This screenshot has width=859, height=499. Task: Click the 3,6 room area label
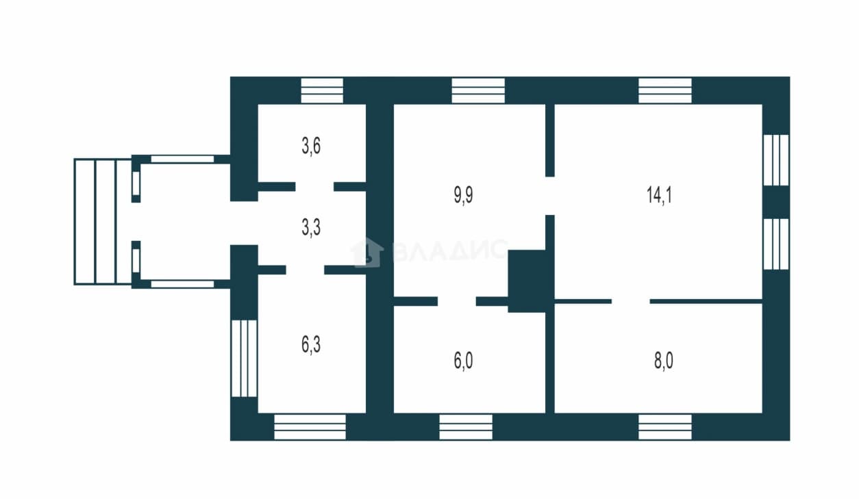pyautogui.click(x=311, y=146)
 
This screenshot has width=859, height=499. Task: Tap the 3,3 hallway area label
pyautogui.click(x=311, y=228)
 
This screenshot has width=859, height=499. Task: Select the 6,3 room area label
pyautogui.click(x=311, y=344)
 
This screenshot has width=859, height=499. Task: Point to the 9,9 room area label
pyautogui.click(x=463, y=195)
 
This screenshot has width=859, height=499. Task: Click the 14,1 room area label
pyautogui.click(x=659, y=194)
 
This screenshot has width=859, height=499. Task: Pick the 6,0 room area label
pyautogui.click(x=463, y=361)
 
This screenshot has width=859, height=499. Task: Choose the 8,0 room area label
pyautogui.click(x=663, y=361)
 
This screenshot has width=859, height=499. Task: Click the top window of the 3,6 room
pyautogui.click(x=322, y=90)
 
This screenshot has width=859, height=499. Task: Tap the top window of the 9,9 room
pyautogui.click(x=478, y=90)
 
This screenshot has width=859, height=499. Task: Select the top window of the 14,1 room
pyautogui.click(x=665, y=90)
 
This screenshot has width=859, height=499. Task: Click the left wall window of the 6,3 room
pyautogui.click(x=244, y=359)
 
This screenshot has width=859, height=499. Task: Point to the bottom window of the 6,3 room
pyautogui.click(x=310, y=427)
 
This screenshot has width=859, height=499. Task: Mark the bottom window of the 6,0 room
pyautogui.click(x=466, y=427)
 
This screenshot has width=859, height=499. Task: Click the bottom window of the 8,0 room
pyautogui.click(x=665, y=427)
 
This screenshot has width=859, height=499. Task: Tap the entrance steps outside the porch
pyautogui.click(x=103, y=222)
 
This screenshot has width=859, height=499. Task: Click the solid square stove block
pyautogui.click(x=527, y=281)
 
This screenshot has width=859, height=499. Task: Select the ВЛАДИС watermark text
pyautogui.click(x=450, y=250)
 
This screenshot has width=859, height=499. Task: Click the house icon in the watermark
pyautogui.click(x=367, y=252)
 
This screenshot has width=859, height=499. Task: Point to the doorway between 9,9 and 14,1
pyautogui.click(x=550, y=196)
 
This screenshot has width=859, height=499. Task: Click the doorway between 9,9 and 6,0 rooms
pyautogui.click(x=457, y=301)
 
